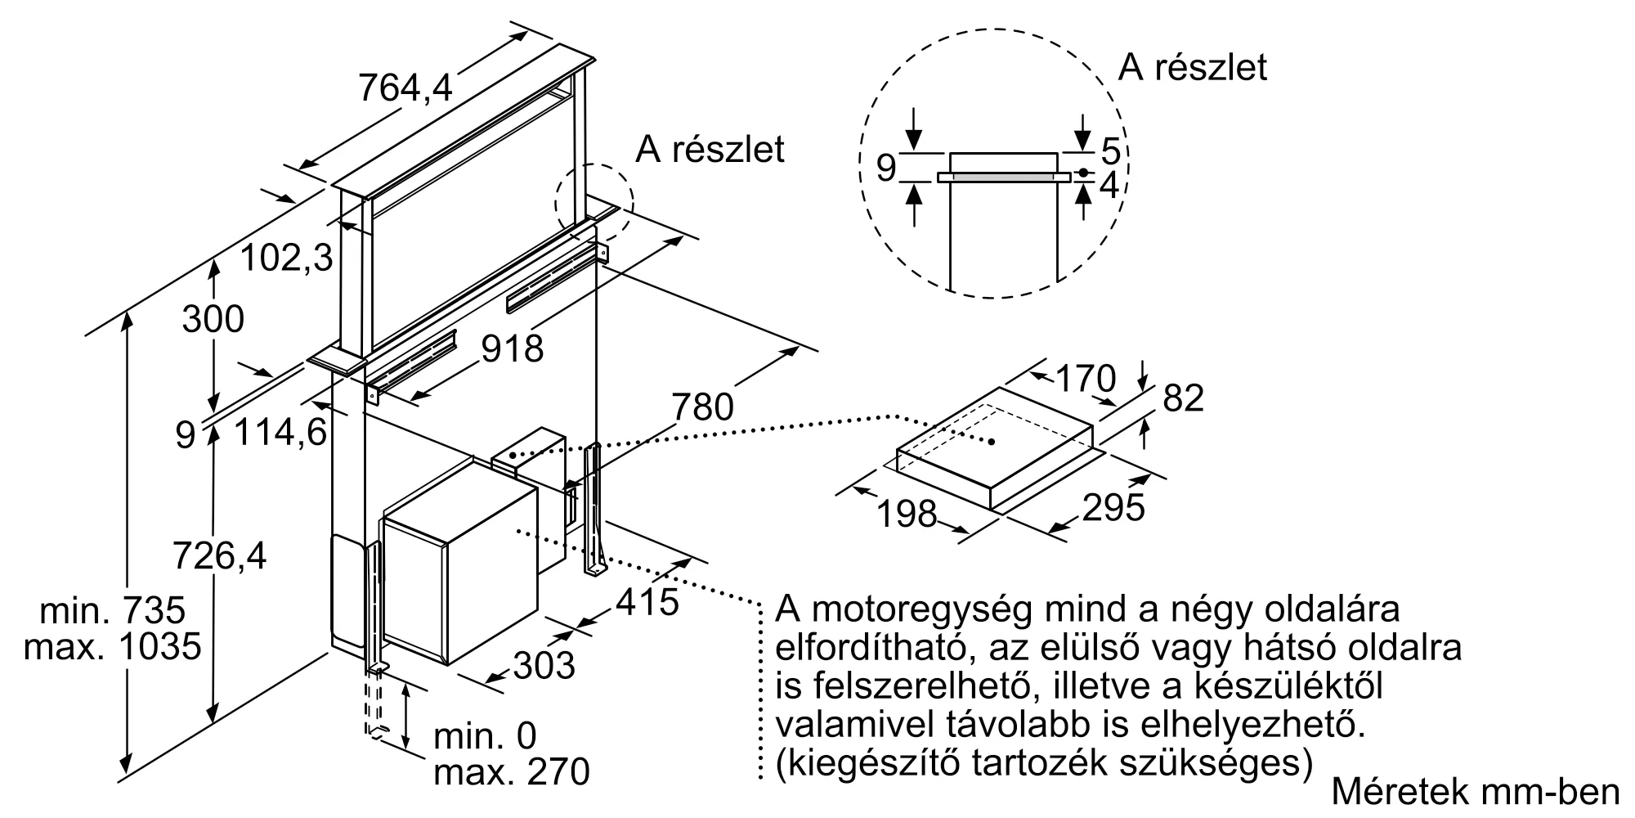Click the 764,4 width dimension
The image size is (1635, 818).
[405, 87]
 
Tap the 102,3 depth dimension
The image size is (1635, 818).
[287, 258]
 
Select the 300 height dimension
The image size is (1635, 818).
[213, 319]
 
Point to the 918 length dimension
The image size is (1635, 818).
[512, 348]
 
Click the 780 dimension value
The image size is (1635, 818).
[703, 407]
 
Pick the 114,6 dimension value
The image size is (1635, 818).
[280, 431]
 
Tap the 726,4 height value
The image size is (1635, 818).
[219, 556]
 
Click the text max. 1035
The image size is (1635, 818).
[112, 647]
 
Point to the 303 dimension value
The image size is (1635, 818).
[544, 666]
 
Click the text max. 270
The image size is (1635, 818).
[511, 771]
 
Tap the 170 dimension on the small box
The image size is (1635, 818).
[1086, 379]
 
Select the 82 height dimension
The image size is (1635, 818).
[1183, 398]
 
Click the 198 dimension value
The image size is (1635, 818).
[906, 514]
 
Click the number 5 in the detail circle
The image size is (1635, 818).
[1110, 151]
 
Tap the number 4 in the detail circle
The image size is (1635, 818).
[1109, 187]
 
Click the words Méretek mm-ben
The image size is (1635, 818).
[1476, 792]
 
